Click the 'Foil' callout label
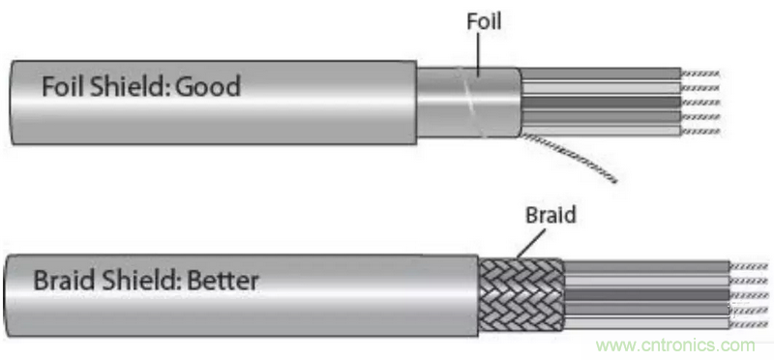pos(484,21)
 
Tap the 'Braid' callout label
pos(551,215)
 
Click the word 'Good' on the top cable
pos(208,87)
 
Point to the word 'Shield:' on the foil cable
pos(130,86)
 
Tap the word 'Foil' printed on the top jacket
pos(62,86)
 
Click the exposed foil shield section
pos(469,103)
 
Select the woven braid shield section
pos(521,295)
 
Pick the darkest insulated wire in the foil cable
pos(601,103)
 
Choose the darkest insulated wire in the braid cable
pos(646,295)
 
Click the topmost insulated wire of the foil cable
pos(601,74)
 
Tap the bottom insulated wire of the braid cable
pos(646,324)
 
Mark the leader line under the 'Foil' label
pos(478,54)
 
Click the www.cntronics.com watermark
pos(675,345)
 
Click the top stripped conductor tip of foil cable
pos(700,74)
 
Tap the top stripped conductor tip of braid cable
pos(749,266)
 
